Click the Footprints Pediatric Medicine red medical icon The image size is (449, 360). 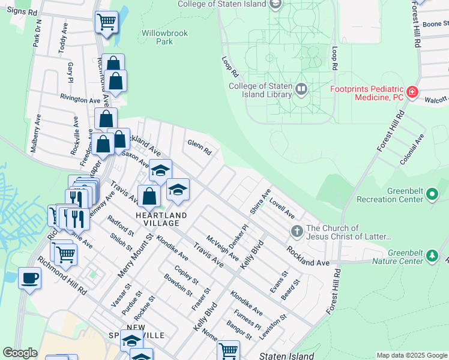[x=412, y=92]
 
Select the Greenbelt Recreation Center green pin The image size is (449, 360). [x=432, y=194]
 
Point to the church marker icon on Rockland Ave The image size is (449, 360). [x=296, y=231]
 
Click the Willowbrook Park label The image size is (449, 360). [x=156, y=37]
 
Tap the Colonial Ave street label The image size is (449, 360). [x=412, y=149]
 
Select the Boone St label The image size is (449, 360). [x=436, y=25]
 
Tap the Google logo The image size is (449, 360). [x=20, y=353]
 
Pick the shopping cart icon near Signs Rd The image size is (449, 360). [x=106, y=22]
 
